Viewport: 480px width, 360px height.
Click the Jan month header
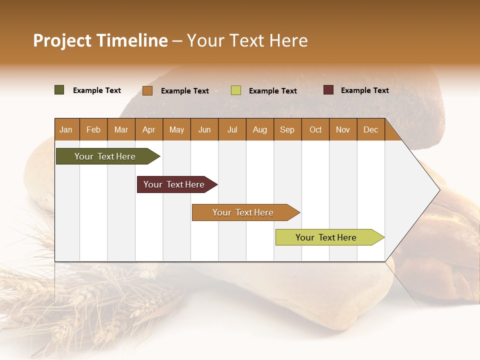coord(66,130)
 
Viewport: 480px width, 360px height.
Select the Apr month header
coord(148,130)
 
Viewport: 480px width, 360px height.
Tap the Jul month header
coord(232,130)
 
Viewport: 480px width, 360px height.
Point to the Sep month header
coord(287,130)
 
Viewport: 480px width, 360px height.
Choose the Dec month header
coord(370,130)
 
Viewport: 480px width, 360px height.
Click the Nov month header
coord(342,130)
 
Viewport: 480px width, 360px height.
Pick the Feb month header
coord(93,130)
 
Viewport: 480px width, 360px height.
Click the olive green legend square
coord(59,90)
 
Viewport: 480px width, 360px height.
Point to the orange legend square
coord(147,90)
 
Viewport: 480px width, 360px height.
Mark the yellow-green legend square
coord(236,90)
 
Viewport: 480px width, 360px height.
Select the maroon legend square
coord(328,90)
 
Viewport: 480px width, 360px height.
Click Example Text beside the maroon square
coord(364,90)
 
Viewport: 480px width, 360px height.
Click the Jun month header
coord(204,130)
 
